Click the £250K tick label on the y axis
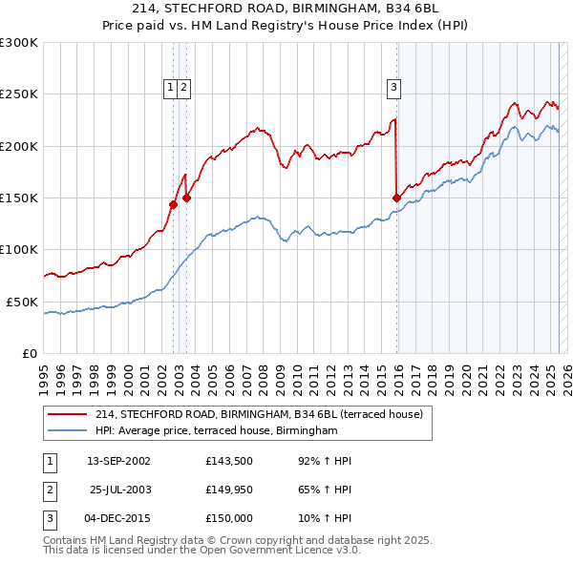point(19,94)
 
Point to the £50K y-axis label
point(22,302)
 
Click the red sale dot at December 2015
point(396,198)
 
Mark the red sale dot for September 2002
point(173,204)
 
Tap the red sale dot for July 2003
point(187,198)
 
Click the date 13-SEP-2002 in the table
point(118,461)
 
